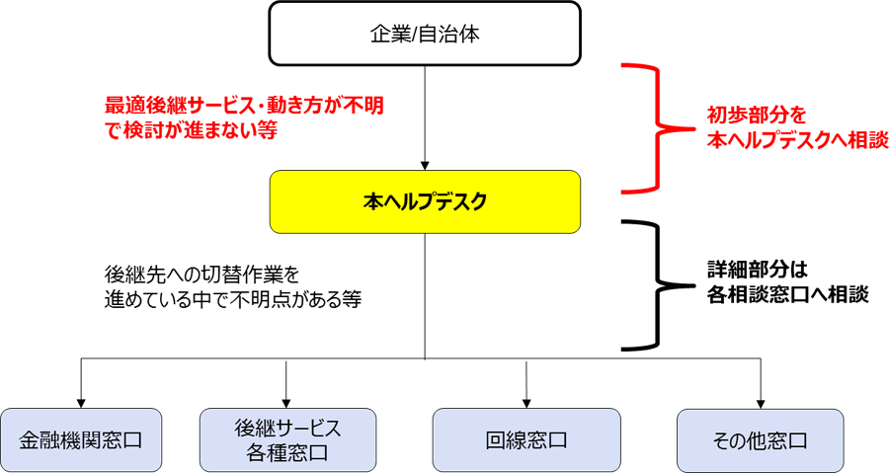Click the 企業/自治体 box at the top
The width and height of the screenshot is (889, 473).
(x=425, y=34)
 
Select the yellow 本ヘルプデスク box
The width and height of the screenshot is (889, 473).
(x=425, y=201)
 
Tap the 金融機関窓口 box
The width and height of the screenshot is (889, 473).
(x=81, y=439)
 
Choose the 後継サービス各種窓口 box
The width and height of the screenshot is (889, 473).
(x=287, y=440)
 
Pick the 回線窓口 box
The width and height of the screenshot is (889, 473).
(x=526, y=440)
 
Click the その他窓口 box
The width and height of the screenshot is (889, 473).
(x=760, y=440)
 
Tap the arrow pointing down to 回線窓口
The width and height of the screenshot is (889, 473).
(x=526, y=385)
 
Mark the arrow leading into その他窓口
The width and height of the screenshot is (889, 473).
(x=760, y=385)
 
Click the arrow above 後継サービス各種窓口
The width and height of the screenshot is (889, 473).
(x=286, y=385)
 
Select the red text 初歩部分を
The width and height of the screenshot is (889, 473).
(x=751, y=116)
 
